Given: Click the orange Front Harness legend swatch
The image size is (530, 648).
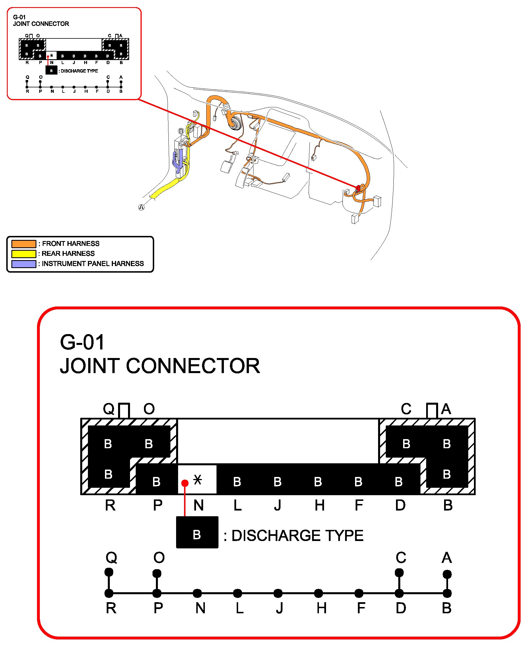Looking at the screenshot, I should tap(24, 244).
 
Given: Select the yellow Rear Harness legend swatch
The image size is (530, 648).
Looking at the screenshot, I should tap(24, 254).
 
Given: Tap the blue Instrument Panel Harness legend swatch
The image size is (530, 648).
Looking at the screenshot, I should tap(24, 264).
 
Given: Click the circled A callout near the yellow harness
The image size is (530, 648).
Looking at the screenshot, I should tap(141, 207).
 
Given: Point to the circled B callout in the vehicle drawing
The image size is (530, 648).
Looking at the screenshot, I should tap(181, 131).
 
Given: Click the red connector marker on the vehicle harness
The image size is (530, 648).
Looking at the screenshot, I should tap(358, 188).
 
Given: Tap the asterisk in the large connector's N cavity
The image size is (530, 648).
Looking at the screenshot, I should tap(198, 480).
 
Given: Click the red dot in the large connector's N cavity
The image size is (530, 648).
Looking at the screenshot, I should tap(185, 483).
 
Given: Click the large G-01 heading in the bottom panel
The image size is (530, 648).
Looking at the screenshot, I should tap(83, 342).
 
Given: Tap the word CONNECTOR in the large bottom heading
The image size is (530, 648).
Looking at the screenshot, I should tap(193, 366).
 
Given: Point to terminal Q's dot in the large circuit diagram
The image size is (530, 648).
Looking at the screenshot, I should tap(109, 572).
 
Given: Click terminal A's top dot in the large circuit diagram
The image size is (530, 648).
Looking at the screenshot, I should tap(447, 574).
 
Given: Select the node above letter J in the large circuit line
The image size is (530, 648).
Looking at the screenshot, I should tap(278, 593).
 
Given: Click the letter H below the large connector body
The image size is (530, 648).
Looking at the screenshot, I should tap(319, 505).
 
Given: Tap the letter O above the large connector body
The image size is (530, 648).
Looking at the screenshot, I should tap(149, 409).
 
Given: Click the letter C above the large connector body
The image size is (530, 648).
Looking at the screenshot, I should tap(406, 409).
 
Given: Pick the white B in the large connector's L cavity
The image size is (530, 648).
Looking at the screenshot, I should tap(237, 482).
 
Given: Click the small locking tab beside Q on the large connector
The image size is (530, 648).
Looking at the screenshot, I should tap(124, 410).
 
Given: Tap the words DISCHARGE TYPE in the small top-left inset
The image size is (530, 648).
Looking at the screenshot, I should tap(79, 71).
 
